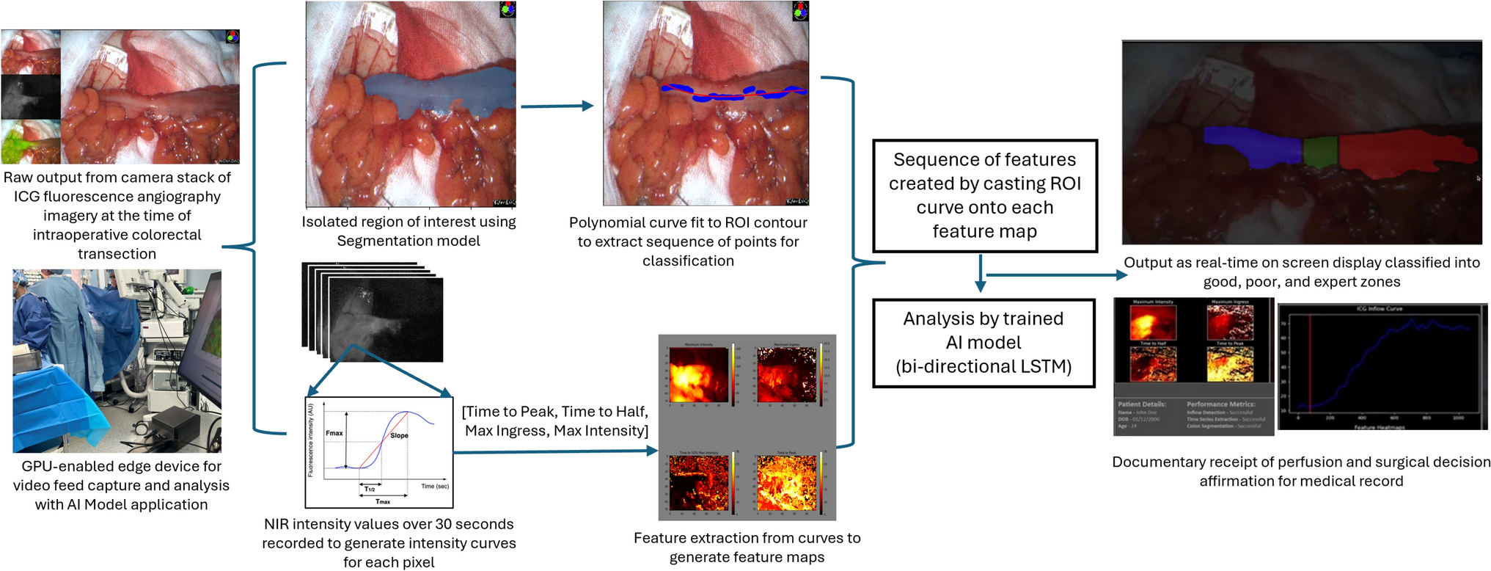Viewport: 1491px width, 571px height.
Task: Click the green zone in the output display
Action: click(1320, 150)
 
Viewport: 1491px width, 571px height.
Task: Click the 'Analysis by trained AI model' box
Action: click(983, 343)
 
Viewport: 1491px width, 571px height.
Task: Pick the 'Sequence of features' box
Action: click(984, 195)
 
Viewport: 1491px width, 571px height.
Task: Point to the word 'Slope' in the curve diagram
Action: click(399, 435)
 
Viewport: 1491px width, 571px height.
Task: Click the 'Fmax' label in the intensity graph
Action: click(334, 433)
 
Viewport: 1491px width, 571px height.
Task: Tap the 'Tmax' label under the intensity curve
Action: click(383, 501)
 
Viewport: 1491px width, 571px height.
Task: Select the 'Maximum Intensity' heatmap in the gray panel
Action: click(698, 375)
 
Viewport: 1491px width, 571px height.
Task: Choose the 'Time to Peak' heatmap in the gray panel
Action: click(786, 483)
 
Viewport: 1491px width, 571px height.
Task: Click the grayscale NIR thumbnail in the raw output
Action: click(31, 97)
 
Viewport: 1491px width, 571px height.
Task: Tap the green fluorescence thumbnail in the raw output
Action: click(31, 142)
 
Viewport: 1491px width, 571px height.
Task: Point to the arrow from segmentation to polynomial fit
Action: click(556, 106)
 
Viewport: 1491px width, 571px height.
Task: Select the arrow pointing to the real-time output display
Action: click(1056, 275)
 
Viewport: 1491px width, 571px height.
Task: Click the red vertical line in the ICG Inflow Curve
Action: click(1310, 363)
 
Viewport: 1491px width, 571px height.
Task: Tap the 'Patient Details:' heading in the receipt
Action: click(1141, 404)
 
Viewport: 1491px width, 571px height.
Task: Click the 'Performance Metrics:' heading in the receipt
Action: click(1220, 404)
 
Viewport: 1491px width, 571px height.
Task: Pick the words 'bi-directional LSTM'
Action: click(983, 366)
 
